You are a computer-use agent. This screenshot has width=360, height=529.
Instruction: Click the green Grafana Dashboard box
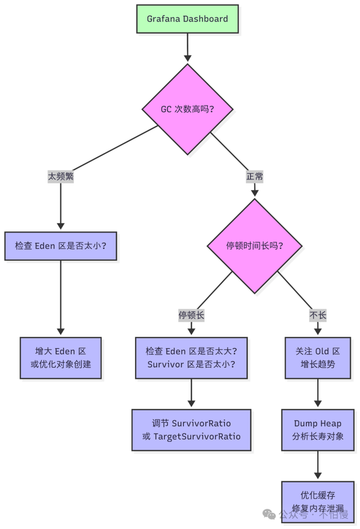(x=187, y=19)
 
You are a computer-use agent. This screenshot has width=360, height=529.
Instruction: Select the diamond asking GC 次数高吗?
(x=187, y=109)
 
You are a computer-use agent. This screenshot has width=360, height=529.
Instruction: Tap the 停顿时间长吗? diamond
(x=254, y=246)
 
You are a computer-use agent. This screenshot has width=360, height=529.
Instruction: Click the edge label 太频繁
(x=61, y=176)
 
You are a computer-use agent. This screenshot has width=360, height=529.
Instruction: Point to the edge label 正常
(x=254, y=176)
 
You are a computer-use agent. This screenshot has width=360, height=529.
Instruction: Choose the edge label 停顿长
(x=191, y=315)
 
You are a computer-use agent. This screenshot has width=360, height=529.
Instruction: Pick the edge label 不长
(x=318, y=315)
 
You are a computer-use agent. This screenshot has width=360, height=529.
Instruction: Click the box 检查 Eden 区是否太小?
(x=61, y=246)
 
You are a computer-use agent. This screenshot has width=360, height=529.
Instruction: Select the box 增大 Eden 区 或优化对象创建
(x=61, y=358)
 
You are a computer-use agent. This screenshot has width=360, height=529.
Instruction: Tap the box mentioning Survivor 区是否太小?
(x=191, y=358)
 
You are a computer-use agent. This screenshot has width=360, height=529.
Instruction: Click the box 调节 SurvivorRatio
(x=191, y=429)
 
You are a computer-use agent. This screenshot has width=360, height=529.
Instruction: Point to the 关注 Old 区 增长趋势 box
(x=318, y=358)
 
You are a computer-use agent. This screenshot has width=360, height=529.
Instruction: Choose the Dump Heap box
(x=318, y=429)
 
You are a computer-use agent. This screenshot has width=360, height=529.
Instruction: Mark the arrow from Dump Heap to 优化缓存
(x=318, y=465)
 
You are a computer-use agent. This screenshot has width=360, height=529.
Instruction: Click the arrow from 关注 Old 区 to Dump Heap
(x=318, y=394)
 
